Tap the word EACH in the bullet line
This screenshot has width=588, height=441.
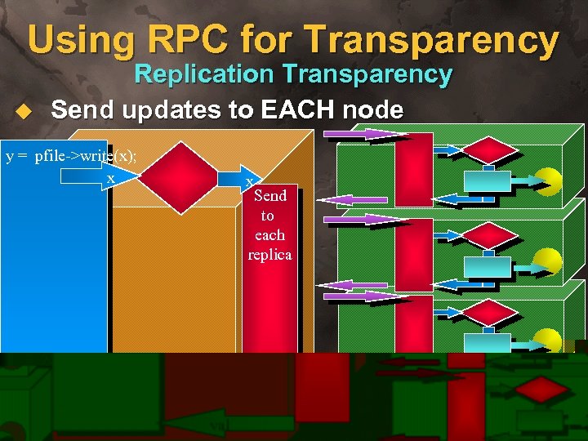click(294, 109)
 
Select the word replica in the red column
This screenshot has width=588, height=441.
click(269, 254)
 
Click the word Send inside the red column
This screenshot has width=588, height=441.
click(270, 195)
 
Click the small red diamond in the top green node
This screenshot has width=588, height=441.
click(491, 149)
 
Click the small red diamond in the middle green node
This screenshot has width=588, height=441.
click(491, 234)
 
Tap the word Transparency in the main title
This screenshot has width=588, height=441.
click(445, 39)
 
